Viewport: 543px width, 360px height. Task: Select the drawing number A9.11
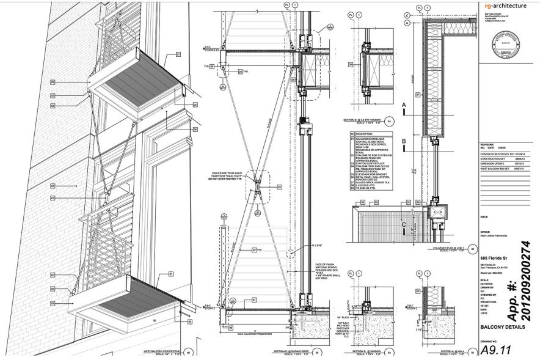(x=498, y=350)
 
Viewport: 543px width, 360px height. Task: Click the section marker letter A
(x=403, y=106)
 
